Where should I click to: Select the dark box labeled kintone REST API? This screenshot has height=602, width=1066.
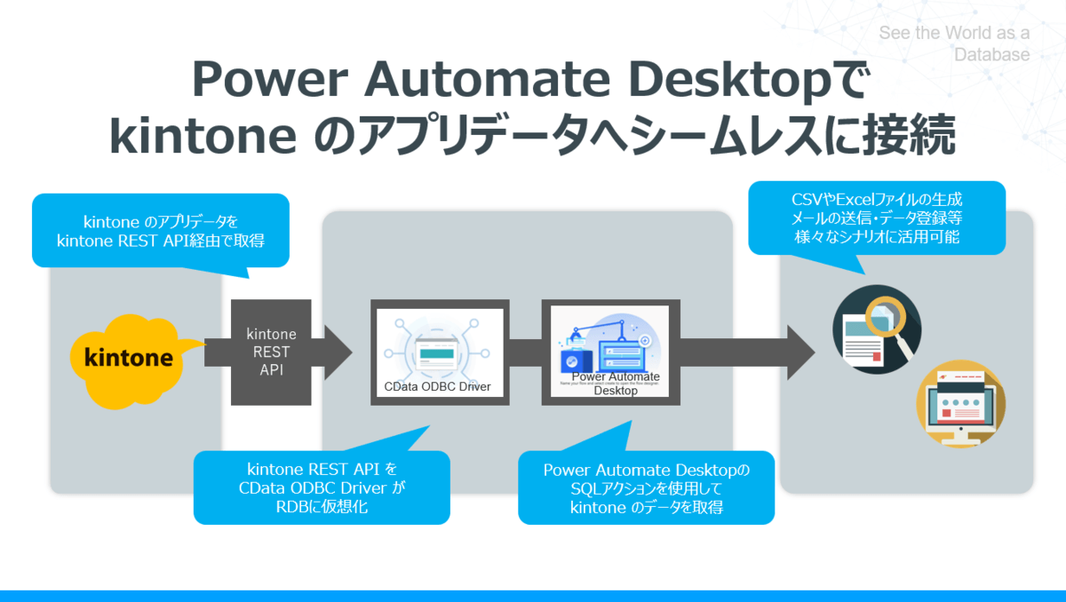(x=271, y=352)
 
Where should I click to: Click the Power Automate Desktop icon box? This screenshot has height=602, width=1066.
(x=610, y=352)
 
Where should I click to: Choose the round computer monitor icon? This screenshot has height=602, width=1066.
(x=960, y=405)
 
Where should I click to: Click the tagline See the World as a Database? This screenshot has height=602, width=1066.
(x=954, y=44)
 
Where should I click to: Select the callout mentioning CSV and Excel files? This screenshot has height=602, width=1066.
(x=876, y=218)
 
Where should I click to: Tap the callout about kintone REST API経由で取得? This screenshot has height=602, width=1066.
(x=161, y=230)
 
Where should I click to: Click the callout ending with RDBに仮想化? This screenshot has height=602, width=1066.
(x=321, y=487)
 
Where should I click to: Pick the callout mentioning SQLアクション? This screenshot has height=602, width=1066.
(x=646, y=487)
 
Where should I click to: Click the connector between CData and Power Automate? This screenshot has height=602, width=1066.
(x=525, y=352)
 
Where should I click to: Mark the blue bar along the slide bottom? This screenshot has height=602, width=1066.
(x=533, y=596)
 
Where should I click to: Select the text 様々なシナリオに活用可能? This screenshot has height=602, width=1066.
(x=876, y=237)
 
